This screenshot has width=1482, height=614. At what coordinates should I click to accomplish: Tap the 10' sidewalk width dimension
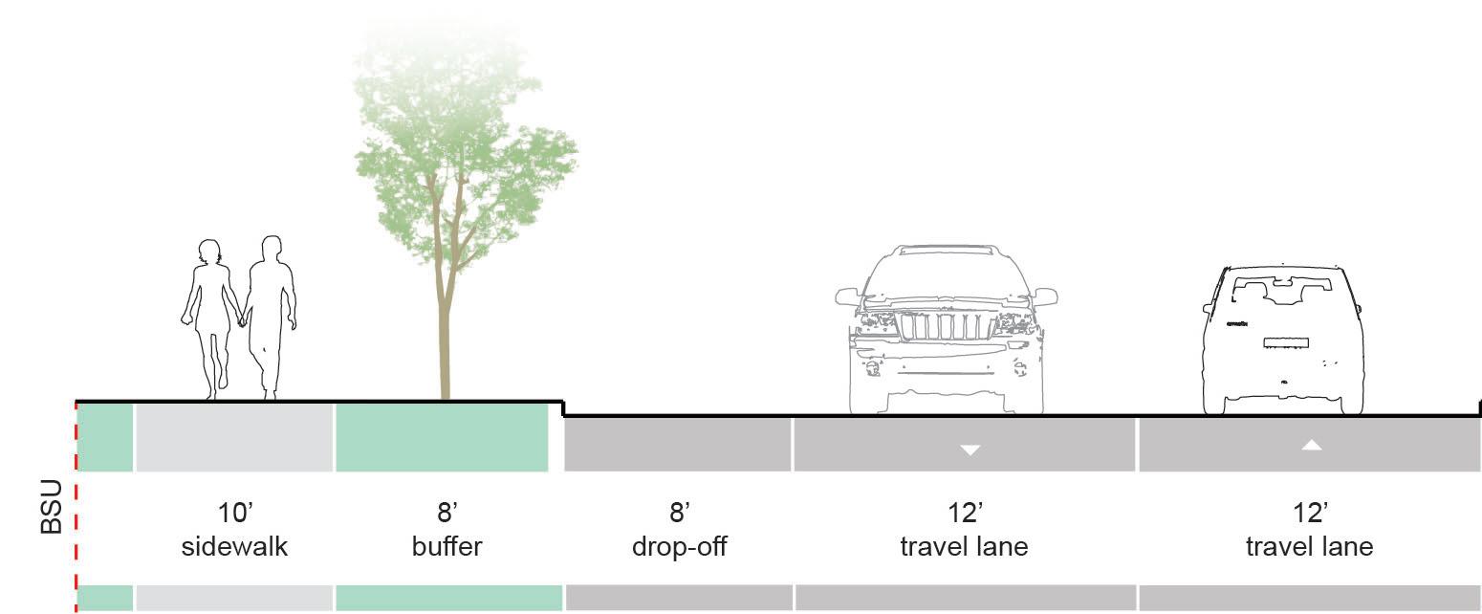coord(234,514)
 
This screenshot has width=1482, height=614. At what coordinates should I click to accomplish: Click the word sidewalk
coord(234,547)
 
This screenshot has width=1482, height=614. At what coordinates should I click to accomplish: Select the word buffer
coord(447,547)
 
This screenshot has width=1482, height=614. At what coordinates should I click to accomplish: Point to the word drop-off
coord(678,547)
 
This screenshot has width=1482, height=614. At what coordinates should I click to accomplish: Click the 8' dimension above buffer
coord(447,514)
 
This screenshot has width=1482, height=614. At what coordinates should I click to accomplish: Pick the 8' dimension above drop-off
coord(679,514)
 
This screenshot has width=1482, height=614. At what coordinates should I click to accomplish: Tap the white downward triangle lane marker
coord(970,449)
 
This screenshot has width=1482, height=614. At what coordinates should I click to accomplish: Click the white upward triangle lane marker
coord(1311,445)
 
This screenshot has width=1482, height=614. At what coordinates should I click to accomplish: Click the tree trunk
coord(444,335)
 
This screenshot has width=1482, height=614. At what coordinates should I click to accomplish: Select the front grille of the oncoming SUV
coord(944,326)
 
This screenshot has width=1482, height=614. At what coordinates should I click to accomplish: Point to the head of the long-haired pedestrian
coord(207,254)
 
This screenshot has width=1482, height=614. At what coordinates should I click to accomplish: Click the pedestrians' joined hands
coord(242,319)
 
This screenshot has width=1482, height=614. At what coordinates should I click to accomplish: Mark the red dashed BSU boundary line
coord(76,516)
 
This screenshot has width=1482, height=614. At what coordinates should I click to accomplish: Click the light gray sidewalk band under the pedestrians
coord(234,438)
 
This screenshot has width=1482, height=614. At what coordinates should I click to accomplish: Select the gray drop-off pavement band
coord(678,445)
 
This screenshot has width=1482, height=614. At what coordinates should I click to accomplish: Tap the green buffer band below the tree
coord(442,438)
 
